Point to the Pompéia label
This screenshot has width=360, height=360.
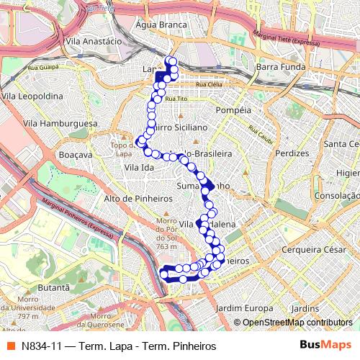(x=233, y=110)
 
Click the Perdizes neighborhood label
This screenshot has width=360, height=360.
(x=292, y=154)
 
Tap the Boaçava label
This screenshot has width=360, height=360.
(x=77, y=154)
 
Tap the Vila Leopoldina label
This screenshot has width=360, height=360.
(x=30, y=95)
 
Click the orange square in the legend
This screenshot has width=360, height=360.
(x=9, y=346)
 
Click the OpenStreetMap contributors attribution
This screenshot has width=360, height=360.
(x=297, y=322)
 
